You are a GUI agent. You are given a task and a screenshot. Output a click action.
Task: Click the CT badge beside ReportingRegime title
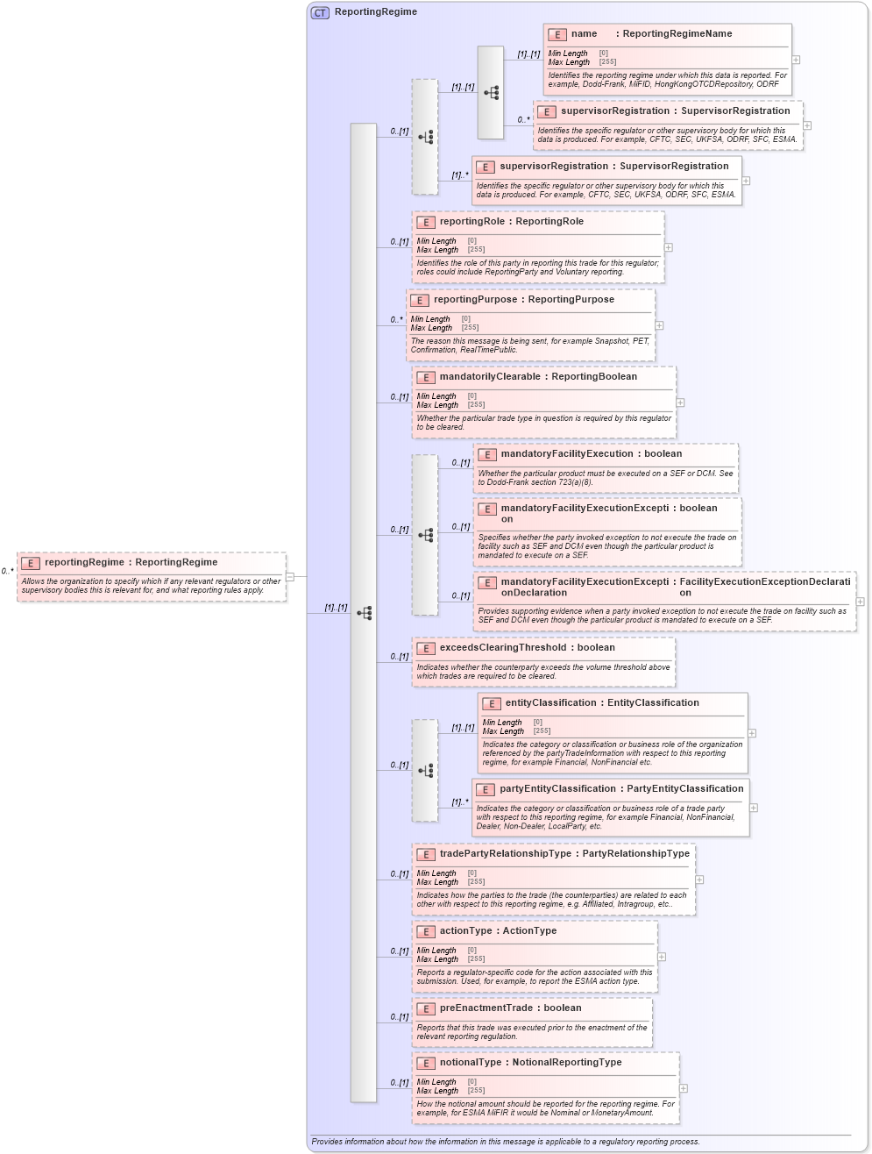320,12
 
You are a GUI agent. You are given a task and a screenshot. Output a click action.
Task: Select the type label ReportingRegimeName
677,34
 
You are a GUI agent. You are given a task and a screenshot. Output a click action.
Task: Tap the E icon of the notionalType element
426,1063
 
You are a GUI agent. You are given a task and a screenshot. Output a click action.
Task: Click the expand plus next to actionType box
662,957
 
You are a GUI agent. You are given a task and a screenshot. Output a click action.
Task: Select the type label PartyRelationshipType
635,854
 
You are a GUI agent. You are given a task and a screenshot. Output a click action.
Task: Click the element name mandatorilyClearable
490,377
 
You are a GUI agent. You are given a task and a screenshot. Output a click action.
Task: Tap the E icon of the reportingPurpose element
420,300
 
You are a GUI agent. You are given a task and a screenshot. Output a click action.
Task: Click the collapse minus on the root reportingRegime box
290,576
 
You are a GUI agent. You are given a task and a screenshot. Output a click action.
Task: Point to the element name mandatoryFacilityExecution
566,454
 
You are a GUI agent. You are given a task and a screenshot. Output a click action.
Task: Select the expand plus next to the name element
796,60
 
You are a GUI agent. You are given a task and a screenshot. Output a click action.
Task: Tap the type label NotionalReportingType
566,1063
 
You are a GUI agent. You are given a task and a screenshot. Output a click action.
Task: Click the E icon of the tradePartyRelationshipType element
426,854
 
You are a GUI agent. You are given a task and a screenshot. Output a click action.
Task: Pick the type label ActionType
529,931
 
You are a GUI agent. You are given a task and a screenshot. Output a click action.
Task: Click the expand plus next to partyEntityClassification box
754,808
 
